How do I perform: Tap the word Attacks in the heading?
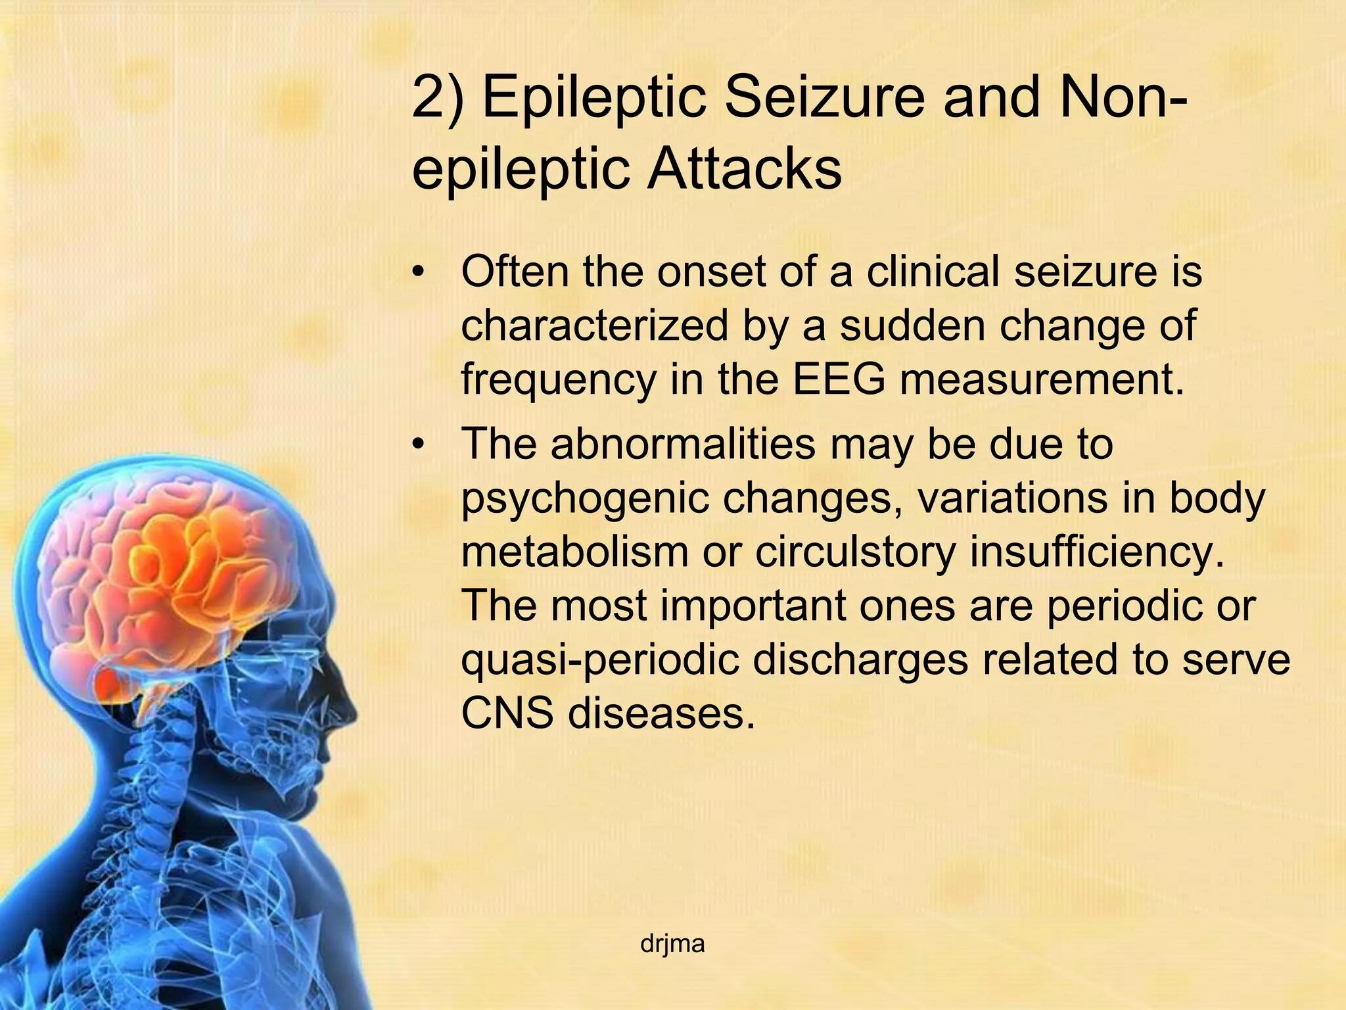tap(744, 169)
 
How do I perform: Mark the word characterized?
tap(594, 325)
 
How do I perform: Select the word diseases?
tap(661, 713)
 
